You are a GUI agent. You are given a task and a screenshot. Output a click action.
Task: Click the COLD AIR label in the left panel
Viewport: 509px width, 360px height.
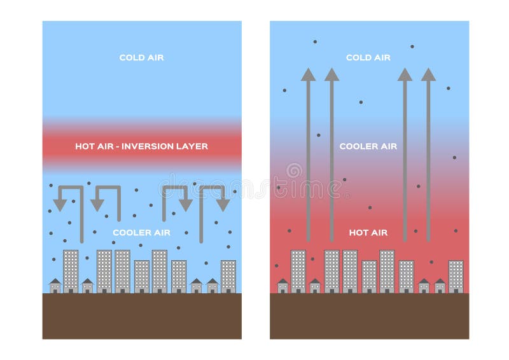tap(141, 58)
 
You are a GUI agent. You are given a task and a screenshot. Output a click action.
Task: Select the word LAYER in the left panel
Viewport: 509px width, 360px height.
tap(192, 146)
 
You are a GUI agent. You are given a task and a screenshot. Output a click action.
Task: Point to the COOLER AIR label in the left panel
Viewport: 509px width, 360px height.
tap(141, 232)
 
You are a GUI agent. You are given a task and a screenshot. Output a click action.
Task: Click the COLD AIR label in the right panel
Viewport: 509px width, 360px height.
tap(368, 58)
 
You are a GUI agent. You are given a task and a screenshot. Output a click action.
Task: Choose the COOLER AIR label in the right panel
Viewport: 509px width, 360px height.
tap(368, 146)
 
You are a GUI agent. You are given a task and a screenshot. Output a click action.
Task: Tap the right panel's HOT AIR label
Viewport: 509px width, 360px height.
tap(368, 232)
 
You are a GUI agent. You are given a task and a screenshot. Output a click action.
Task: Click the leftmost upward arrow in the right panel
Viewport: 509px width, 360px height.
tap(308, 153)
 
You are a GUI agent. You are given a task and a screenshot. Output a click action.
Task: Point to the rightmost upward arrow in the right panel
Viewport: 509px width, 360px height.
tap(428, 153)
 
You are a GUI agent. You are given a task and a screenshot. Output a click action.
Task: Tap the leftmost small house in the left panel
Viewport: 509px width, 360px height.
tap(55, 286)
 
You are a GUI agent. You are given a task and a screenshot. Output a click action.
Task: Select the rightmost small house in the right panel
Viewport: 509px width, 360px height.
tap(440, 286)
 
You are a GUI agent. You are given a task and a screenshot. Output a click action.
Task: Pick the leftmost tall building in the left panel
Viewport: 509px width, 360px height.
tap(71, 271)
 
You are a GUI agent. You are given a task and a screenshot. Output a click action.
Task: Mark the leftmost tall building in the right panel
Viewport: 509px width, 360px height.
tap(298, 271)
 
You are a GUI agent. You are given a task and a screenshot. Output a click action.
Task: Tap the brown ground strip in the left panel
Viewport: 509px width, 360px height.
tap(142, 315)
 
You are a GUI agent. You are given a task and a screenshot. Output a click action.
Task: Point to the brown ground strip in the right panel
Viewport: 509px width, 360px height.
tap(369, 315)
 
